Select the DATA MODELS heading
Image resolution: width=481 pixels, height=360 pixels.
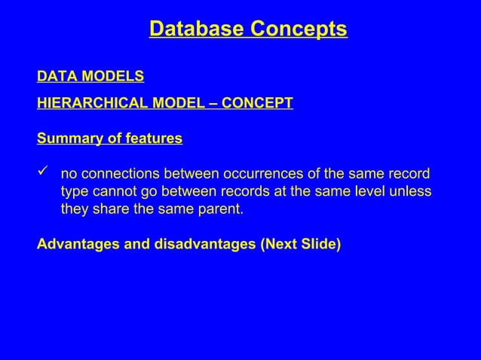(x=90, y=77)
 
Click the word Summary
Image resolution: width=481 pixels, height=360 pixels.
(x=66, y=139)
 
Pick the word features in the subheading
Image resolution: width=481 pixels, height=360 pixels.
(x=156, y=139)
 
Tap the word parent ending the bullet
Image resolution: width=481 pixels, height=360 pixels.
(x=222, y=209)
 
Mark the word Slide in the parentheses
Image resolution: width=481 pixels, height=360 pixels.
(x=319, y=245)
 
